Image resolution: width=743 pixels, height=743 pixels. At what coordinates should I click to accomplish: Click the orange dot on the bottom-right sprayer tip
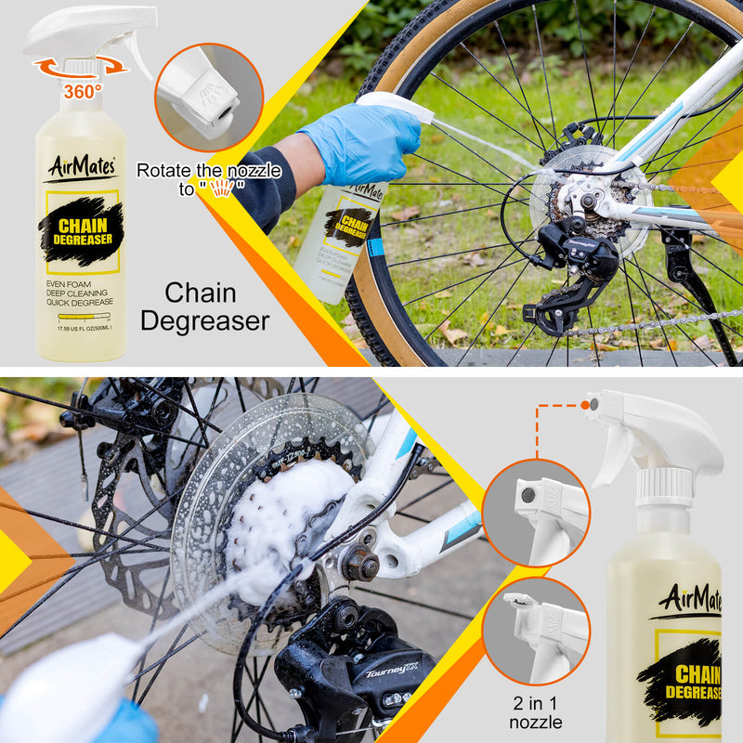click(x=587, y=404)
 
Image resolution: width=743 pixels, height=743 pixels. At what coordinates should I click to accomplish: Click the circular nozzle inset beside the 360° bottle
click(x=209, y=97)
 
